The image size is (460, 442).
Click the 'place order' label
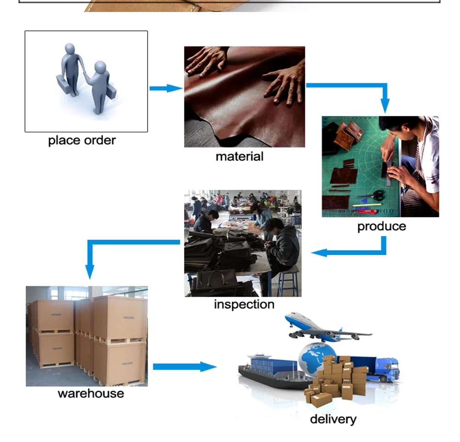click(82, 140)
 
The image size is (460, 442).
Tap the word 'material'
click(239, 157)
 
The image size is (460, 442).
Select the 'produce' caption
click(382, 227)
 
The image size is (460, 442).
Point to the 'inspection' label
click(244, 304)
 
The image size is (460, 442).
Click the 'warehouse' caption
click(91, 394)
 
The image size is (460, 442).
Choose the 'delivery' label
click(333, 419)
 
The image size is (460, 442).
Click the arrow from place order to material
click(166, 88)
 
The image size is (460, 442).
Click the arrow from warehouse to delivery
click(185, 366)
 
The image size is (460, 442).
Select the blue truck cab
click(389, 369)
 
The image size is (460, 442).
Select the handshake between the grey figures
click(85, 73)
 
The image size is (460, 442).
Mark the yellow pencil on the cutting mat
click(367, 205)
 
